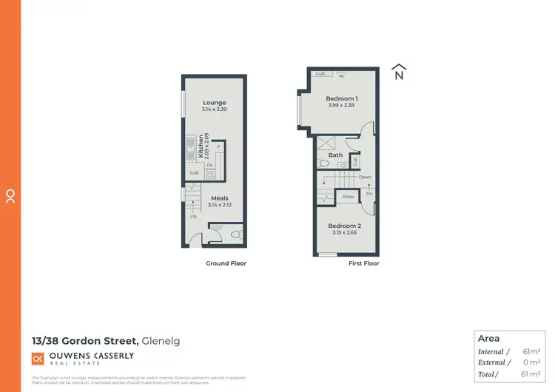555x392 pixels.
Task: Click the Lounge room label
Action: [x=214, y=103]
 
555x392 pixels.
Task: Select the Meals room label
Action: [x=219, y=198]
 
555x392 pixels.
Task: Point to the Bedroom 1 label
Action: [x=342, y=98]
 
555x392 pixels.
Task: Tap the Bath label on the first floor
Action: [x=336, y=155]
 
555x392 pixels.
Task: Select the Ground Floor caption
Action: [x=226, y=263]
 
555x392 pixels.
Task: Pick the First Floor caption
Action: [x=363, y=263]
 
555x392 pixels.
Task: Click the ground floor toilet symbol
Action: [x=235, y=234]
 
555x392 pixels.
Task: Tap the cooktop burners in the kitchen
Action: [x=210, y=175]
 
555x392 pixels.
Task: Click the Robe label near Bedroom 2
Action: [x=347, y=197]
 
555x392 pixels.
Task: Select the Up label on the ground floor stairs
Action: [x=194, y=216]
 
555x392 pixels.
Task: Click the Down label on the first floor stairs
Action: [x=365, y=178]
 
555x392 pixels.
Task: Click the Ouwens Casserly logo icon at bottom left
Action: [x=37, y=358]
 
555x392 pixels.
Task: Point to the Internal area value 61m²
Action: [x=531, y=352]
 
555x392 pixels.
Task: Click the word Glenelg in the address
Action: [x=161, y=341]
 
